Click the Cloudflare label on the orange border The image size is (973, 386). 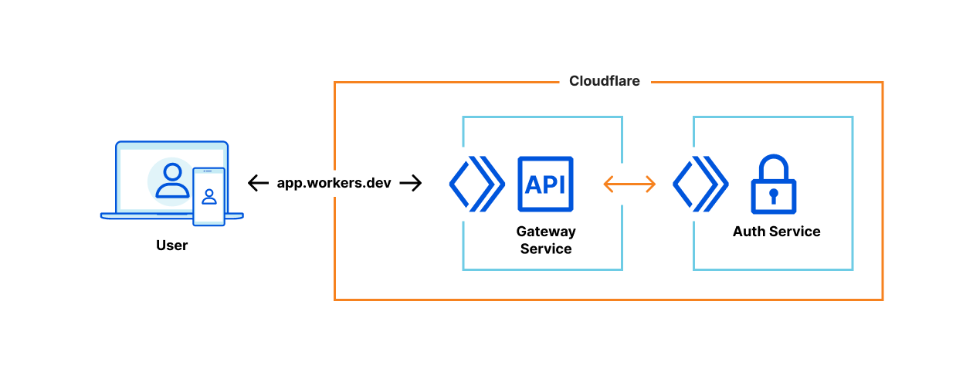[604, 81]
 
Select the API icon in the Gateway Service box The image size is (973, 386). [545, 185]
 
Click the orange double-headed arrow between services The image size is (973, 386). [629, 184]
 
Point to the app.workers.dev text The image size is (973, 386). [334, 183]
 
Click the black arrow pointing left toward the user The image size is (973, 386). [258, 183]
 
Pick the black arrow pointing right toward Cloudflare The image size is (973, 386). [411, 183]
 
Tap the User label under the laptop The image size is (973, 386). [171, 245]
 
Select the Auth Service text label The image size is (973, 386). [776, 232]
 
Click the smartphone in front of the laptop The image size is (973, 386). [208, 197]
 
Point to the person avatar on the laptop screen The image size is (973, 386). [172, 181]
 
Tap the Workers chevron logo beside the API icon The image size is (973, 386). [476, 184]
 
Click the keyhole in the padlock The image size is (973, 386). [773, 196]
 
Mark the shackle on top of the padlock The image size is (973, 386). [773, 166]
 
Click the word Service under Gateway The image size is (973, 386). [545, 249]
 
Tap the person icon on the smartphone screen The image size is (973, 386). [208, 195]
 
